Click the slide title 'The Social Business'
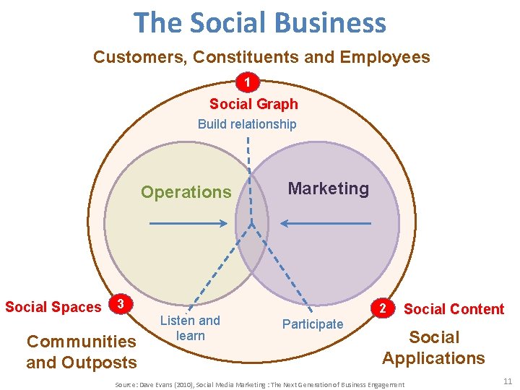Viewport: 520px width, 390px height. (x=260, y=23)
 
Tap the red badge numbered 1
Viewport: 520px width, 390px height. (x=248, y=83)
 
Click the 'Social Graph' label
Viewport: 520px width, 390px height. (x=253, y=104)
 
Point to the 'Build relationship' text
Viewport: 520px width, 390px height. (x=247, y=124)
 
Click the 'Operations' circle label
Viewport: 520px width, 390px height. (x=186, y=192)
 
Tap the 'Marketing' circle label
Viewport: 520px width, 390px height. (x=328, y=188)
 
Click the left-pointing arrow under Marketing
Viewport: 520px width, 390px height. (x=326, y=224)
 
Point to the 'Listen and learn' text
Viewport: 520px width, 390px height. (x=190, y=328)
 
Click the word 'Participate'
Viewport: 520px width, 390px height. (x=313, y=324)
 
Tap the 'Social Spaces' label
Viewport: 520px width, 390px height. (x=53, y=307)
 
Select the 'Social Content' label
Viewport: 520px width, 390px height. (x=454, y=309)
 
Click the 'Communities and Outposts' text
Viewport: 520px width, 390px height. (x=81, y=352)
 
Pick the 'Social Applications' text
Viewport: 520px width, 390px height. (x=433, y=347)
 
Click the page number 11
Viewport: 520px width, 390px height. (x=507, y=381)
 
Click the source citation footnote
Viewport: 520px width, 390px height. (x=260, y=385)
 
